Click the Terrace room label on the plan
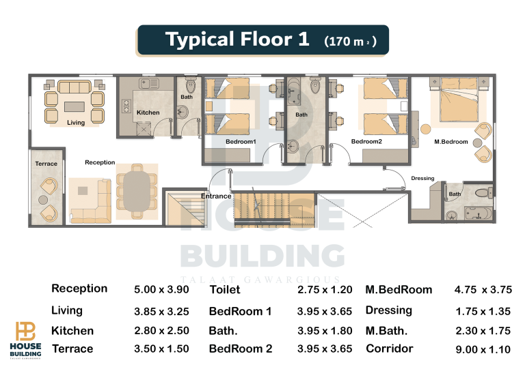[x=46, y=164]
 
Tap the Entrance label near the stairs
[x=216, y=196]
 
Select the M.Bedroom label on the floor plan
[x=451, y=142]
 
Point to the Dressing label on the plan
[x=422, y=178]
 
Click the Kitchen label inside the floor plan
[x=148, y=113]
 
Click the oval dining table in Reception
[x=137, y=192]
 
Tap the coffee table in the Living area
[x=75, y=106]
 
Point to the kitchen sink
[x=148, y=83]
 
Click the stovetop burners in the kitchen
[x=126, y=106]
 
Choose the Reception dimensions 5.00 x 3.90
[x=161, y=289]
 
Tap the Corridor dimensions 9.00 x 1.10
[x=483, y=350]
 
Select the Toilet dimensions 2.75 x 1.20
[x=325, y=289]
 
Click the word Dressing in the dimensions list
[x=389, y=310]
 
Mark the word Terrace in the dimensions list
[x=72, y=349]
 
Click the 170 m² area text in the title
[x=350, y=41]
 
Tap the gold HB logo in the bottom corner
[x=25, y=331]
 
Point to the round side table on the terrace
[x=43, y=200]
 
